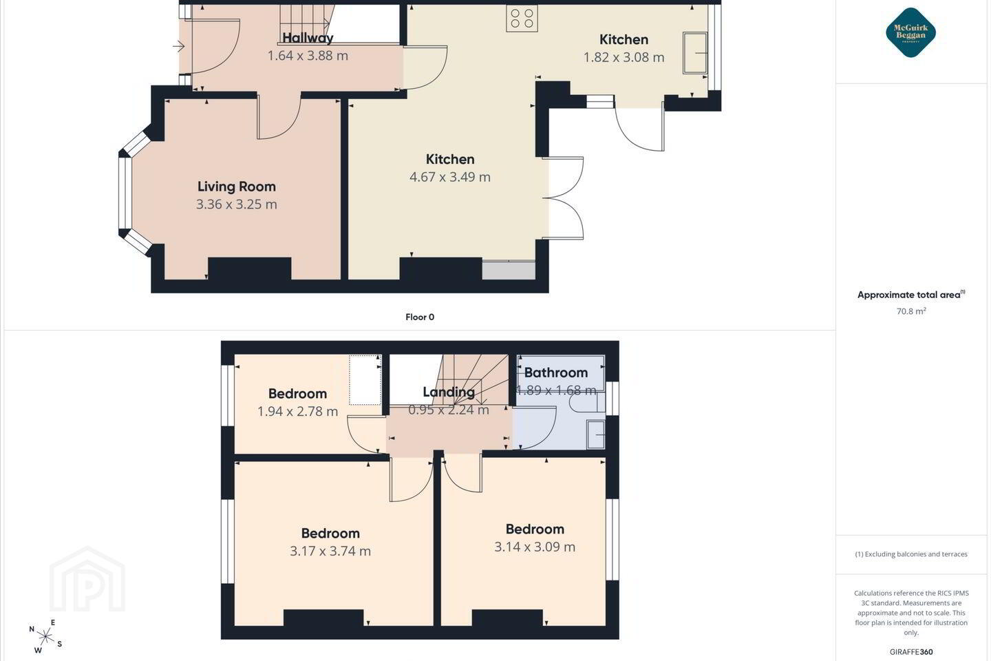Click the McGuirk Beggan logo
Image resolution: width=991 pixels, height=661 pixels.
click(x=910, y=32)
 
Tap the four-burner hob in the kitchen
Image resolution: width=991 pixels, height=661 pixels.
click(x=522, y=18)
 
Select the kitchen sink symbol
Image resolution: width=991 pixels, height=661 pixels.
click(x=696, y=53)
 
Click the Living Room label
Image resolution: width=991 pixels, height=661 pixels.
click(x=237, y=187)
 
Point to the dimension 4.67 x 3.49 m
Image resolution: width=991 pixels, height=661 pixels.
click(x=450, y=177)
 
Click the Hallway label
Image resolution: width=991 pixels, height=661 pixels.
click(x=308, y=38)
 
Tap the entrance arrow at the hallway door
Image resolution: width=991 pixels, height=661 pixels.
click(x=179, y=45)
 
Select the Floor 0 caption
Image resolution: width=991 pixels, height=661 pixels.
click(x=420, y=317)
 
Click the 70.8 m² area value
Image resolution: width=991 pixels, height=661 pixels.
click(x=911, y=311)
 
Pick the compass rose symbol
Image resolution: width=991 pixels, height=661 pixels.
click(x=45, y=637)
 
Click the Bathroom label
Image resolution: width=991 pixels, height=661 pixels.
click(x=556, y=373)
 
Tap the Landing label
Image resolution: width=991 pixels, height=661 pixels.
click(x=449, y=392)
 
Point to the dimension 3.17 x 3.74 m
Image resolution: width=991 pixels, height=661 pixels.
click(x=330, y=552)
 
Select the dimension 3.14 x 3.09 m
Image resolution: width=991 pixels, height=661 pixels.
click(x=535, y=547)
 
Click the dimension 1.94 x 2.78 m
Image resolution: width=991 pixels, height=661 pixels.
click(x=298, y=411)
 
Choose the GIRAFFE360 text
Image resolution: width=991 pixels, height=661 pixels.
click(x=911, y=651)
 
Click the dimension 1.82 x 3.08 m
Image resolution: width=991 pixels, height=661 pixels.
click(x=624, y=58)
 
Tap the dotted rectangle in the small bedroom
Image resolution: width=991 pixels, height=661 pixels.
click(x=365, y=380)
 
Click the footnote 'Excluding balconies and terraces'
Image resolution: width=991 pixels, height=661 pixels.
click(x=911, y=554)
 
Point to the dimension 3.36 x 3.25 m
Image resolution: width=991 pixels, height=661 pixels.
click(x=237, y=204)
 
